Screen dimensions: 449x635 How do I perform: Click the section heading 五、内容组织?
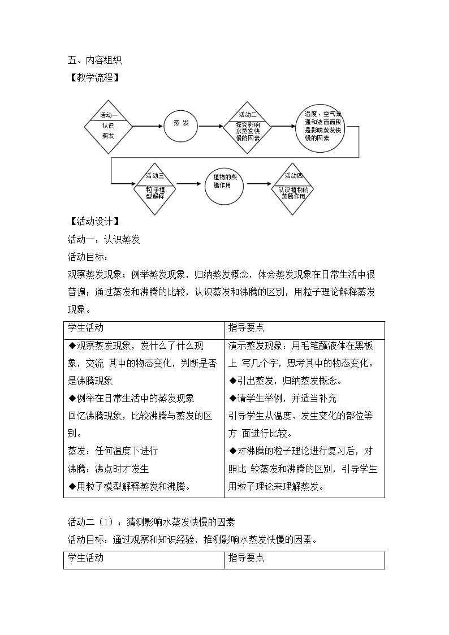[x=94, y=60]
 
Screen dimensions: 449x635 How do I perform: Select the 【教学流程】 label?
[x=94, y=77]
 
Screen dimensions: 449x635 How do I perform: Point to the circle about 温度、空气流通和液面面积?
[x=320, y=129]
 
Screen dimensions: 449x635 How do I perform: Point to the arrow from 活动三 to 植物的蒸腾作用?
[x=189, y=183]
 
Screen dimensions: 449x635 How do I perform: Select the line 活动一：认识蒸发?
[x=103, y=239]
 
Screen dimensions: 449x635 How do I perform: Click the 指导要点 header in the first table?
[x=246, y=328]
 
